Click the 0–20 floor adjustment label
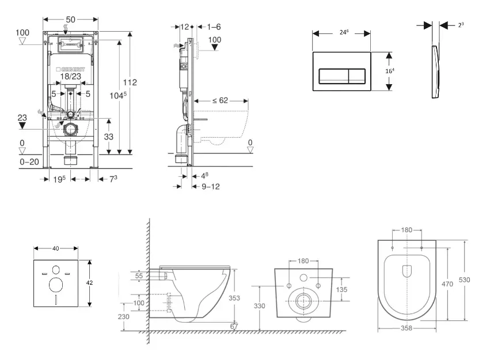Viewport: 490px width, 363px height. (29, 162)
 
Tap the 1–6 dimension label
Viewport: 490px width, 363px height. (214, 27)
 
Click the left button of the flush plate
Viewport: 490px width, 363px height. (333, 75)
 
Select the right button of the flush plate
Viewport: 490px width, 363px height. (357, 75)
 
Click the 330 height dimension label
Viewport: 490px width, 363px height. (260, 306)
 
